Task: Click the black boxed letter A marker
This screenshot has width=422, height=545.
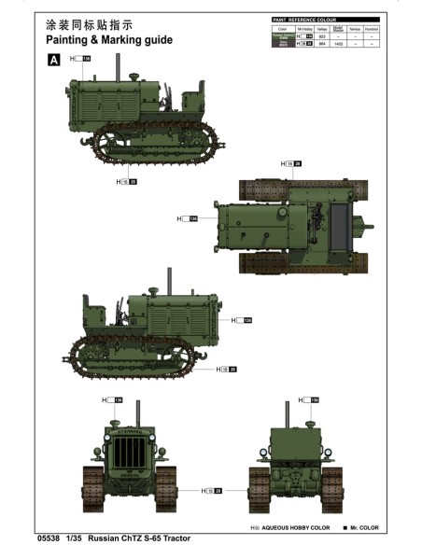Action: tap(53, 60)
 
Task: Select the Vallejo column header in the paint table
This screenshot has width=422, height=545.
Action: tap(322, 29)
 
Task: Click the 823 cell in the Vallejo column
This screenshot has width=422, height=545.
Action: tap(322, 35)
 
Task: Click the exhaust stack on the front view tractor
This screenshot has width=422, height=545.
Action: tap(137, 416)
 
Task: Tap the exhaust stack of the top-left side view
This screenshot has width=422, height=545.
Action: tap(117, 66)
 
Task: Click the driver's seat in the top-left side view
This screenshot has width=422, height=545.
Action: tap(194, 96)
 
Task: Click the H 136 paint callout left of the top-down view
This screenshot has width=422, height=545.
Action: tap(188, 219)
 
